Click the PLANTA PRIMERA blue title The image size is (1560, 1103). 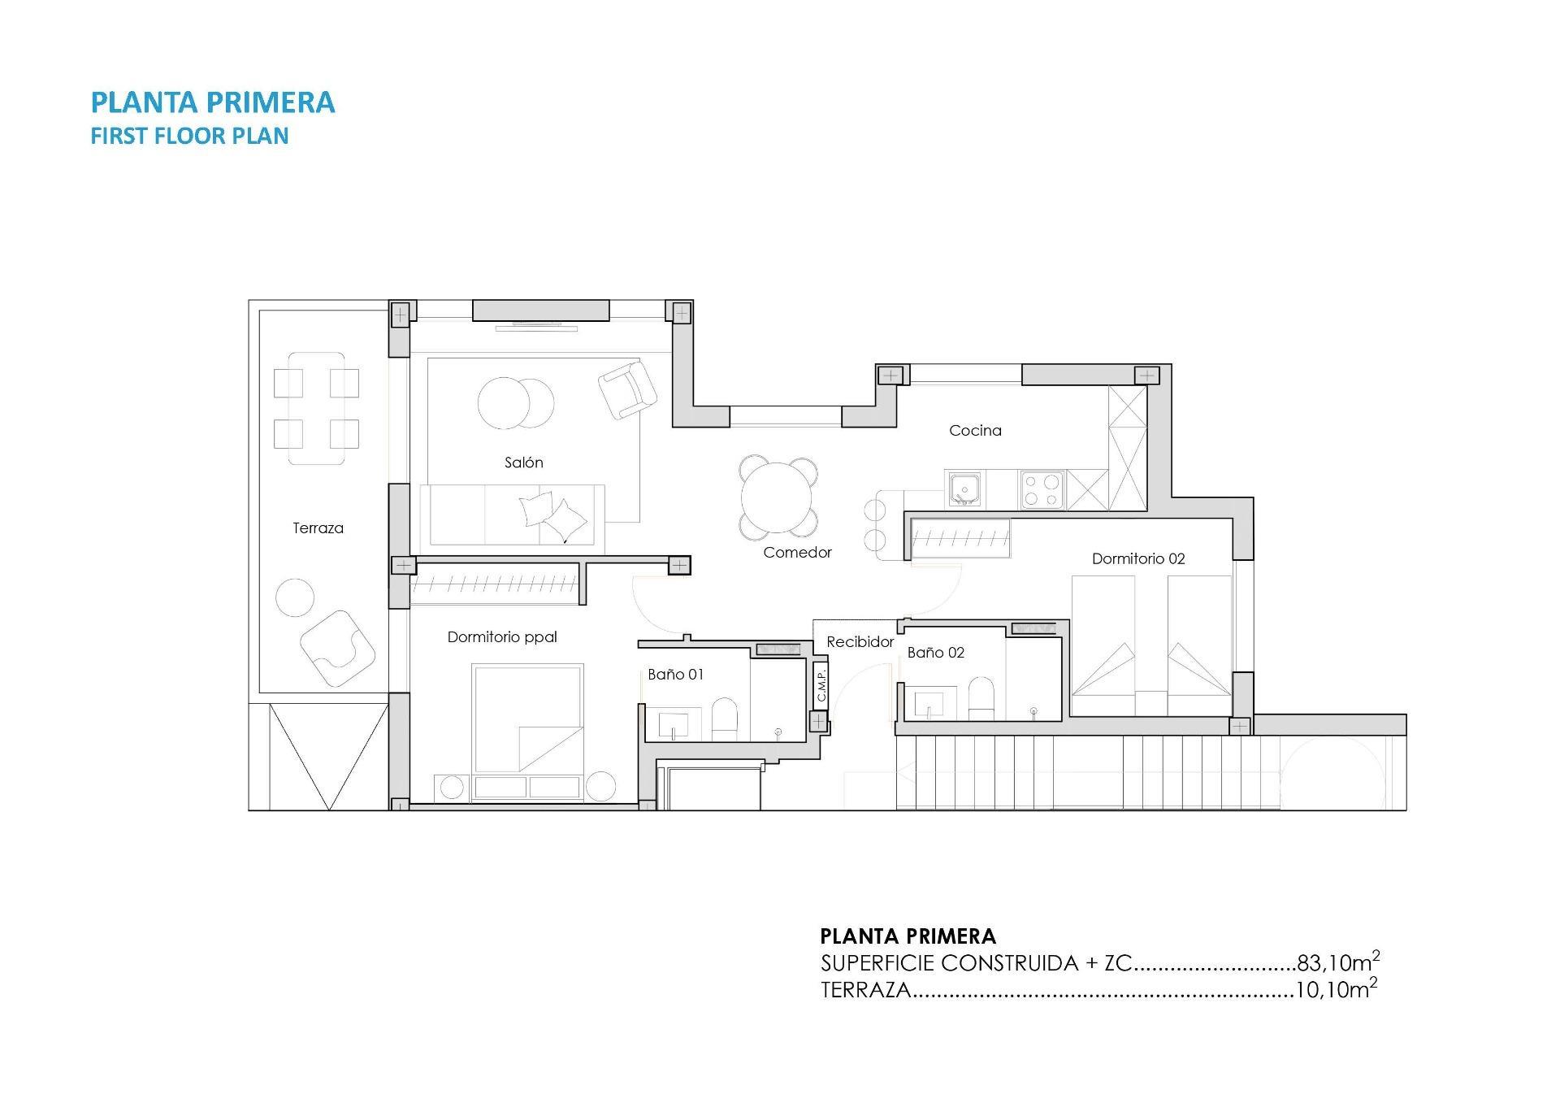[x=213, y=102]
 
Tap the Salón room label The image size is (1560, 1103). [x=523, y=462]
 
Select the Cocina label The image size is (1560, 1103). [x=975, y=431]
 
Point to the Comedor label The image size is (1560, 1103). [x=797, y=553]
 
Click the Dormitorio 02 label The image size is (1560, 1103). [x=1137, y=558]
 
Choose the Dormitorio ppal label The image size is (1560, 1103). [x=502, y=637]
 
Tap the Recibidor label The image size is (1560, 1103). [x=860, y=642]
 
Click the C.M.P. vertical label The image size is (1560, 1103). [x=821, y=684]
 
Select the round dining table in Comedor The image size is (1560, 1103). [x=777, y=497]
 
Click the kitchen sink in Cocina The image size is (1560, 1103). [x=964, y=490]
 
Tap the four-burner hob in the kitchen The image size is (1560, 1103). [x=1042, y=490]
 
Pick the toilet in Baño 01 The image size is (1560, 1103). [x=724, y=721]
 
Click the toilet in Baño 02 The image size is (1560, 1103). [x=981, y=699]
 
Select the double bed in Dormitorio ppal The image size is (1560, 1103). [x=528, y=719]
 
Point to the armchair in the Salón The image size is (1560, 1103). [x=627, y=389]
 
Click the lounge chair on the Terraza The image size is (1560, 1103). [x=337, y=648]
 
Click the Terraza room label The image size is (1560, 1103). [x=318, y=528]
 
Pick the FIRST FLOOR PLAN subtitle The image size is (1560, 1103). [x=189, y=136]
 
